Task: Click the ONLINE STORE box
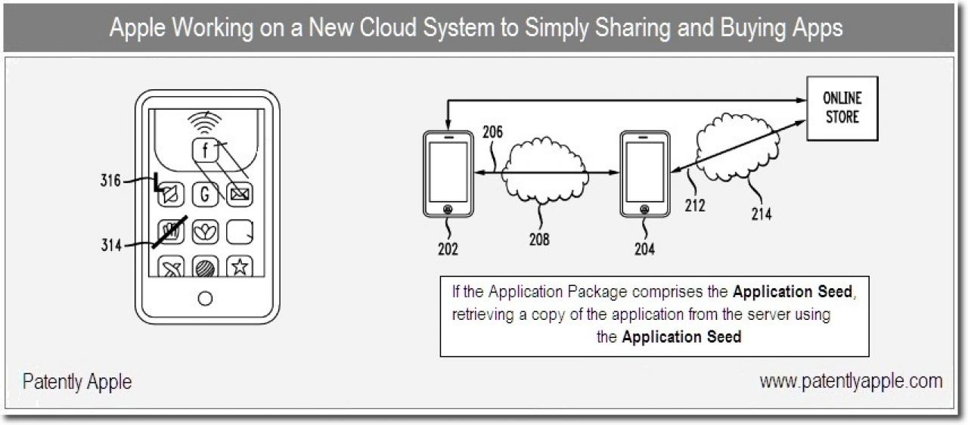point(842,108)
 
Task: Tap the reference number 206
point(492,132)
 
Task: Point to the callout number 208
point(539,239)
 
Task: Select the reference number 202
point(448,249)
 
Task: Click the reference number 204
point(644,249)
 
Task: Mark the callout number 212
point(695,205)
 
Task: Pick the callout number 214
point(761,214)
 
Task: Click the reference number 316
point(110,181)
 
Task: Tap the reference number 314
point(111,245)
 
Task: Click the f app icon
point(205,150)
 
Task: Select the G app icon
point(205,194)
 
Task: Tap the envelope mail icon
point(240,194)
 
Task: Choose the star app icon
point(240,267)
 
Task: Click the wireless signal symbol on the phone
point(204,123)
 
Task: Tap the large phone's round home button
point(205,298)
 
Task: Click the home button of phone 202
point(448,209)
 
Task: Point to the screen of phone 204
point(644,172)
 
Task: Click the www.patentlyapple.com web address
point(851,381)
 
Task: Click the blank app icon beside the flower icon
point(240,232)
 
